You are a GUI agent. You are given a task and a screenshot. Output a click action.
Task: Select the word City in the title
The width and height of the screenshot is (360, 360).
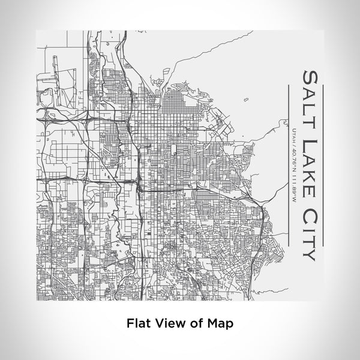coord(310,220)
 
